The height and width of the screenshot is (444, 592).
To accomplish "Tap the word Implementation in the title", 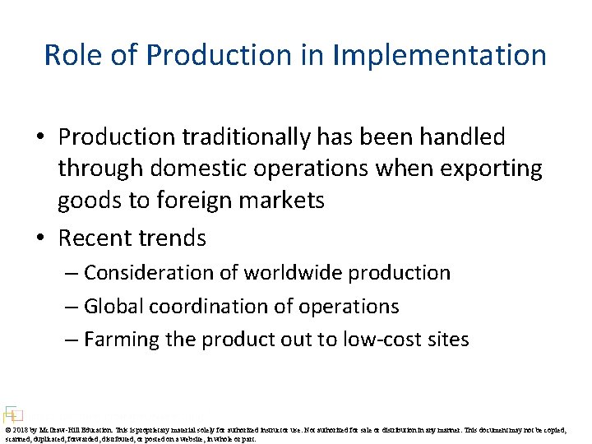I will [440, 55].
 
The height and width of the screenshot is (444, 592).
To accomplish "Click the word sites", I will [446, 340].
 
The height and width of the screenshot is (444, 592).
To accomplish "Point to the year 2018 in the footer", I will [21, 429].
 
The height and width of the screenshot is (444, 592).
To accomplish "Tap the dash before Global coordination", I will [71, 307].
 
